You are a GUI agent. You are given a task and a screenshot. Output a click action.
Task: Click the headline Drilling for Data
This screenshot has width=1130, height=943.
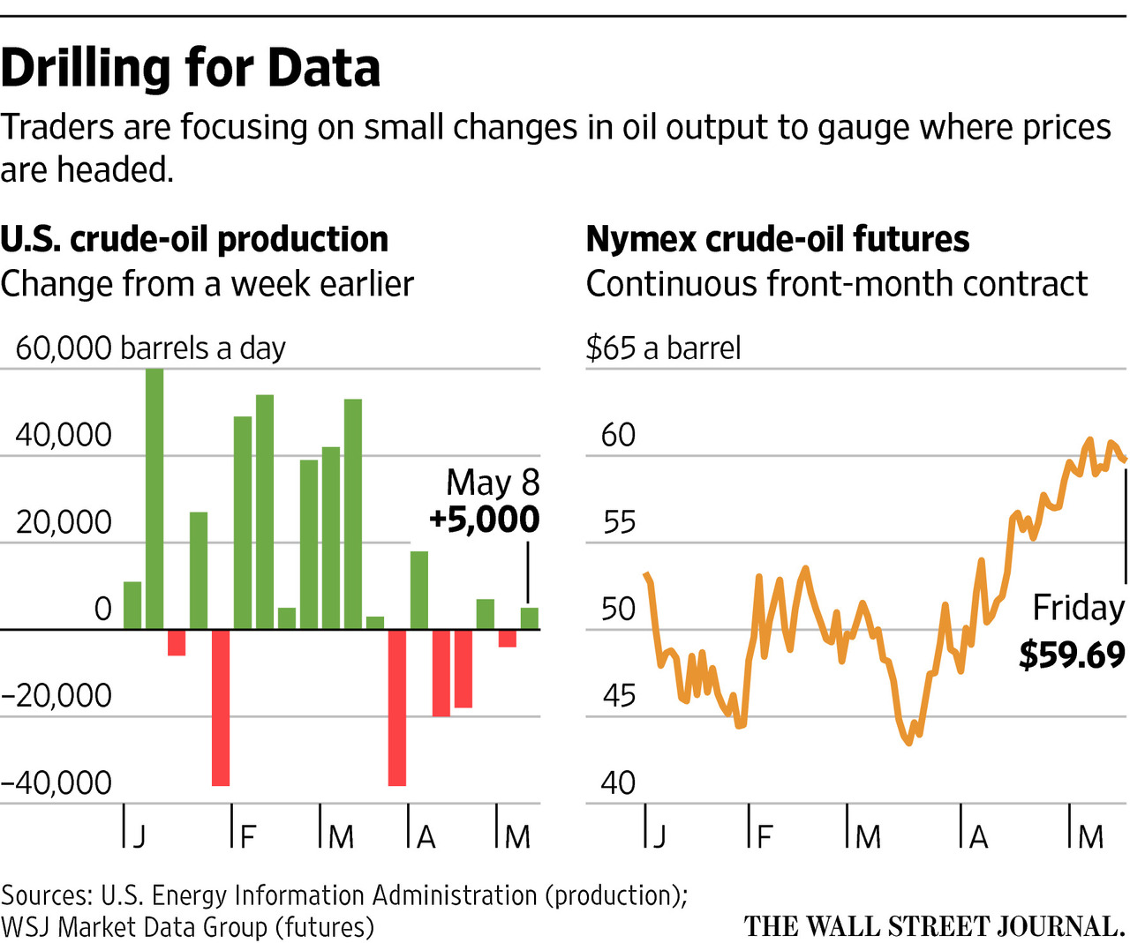pyautogui.click(x=191, y=68)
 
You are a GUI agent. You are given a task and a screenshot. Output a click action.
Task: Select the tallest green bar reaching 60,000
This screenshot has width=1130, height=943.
pyautogui.click(x=154, y=498)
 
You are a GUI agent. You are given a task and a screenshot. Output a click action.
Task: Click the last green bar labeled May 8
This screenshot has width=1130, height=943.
pyautogui.click(x=529, y=617)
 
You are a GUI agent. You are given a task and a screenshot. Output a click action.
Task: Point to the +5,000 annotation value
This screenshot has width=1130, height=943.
pyautogui.click(x=484, y=520)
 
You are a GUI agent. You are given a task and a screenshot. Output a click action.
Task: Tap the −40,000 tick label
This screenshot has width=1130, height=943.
pyautogui.click(x=57, y=782)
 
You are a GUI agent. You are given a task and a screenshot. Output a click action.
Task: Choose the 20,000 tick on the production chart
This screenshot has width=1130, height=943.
pyautogui.click(x=64, y=522)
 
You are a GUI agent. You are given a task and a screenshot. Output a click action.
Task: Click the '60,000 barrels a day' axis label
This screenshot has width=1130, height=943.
pyautogui.click(x=150, y=348)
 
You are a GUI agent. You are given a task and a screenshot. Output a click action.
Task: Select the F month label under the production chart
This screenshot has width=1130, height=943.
pyautogui.click(x=248, y=836)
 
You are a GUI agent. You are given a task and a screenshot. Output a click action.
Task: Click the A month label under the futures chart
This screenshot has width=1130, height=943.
pyautogui.click(x=978, y=836)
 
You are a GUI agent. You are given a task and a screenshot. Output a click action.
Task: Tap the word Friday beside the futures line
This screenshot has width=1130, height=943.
pyautogui.click(x=1078, y=608)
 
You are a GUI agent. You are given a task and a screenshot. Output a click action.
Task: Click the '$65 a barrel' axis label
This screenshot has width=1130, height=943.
pyautogui.click(x=663, y=348)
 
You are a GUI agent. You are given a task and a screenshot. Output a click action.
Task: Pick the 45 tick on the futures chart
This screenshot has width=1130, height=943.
pyautogui.click(x=619, y=696)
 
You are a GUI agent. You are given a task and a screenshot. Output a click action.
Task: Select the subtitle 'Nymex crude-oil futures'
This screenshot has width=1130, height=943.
pyautogui.click(x=778, y=239)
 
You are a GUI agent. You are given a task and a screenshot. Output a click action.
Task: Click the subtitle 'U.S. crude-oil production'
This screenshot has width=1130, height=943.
pyautogui.click(x=194, y=239)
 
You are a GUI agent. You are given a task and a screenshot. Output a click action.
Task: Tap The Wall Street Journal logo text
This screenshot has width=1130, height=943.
pyautogui.click(x=934, y=926)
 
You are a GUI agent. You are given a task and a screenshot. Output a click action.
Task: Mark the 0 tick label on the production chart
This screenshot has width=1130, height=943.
pyautogui.click(x=103, y=610)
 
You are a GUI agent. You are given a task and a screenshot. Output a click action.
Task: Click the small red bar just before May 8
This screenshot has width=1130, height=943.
pyautogui.click(x=507, y=638)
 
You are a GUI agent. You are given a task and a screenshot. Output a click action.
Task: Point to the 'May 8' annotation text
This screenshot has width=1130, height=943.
pyautogui.click(x=493, y=483)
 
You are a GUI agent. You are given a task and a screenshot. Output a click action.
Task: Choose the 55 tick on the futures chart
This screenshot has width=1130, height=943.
pyautogui.click(x=619, y=522)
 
